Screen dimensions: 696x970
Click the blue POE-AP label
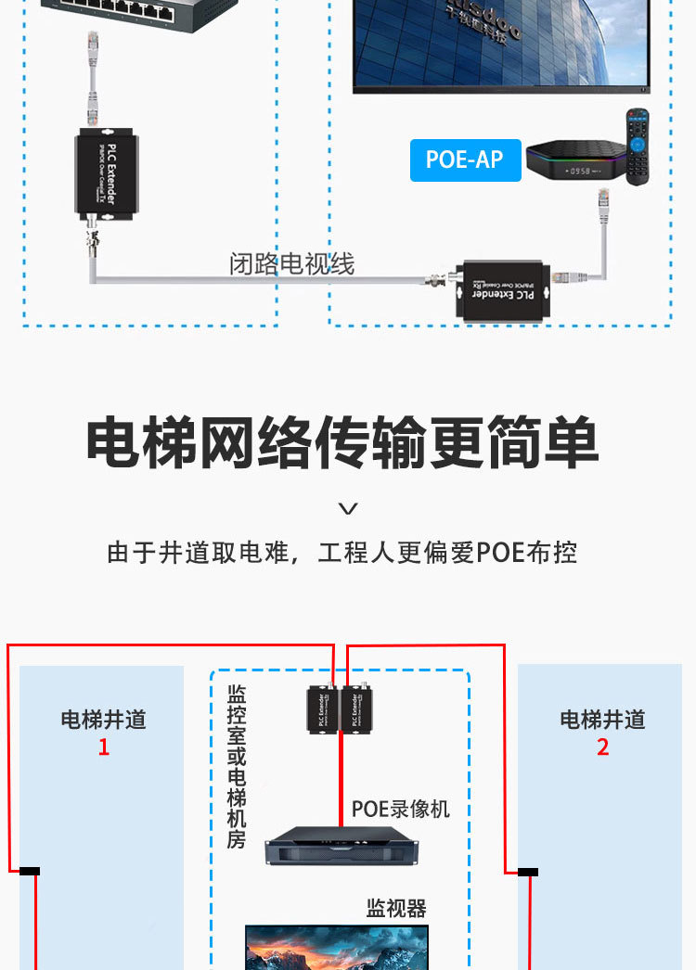[465, 160]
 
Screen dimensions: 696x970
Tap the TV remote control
[637, 147]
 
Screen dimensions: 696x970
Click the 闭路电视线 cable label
[291, 264]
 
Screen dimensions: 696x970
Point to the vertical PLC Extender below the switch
[107, 175]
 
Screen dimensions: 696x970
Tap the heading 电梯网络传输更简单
[342, 443]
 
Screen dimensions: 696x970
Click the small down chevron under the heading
[348, 508]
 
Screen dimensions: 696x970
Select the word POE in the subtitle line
[501, 553]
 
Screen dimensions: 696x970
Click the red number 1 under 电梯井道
[104, 747]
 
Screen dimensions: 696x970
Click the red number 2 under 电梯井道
[603, 747]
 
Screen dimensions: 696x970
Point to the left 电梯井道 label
[104, 720]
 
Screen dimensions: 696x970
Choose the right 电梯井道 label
[603, 720]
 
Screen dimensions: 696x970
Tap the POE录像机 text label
[400, 809]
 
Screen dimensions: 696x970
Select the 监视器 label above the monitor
[396, 908]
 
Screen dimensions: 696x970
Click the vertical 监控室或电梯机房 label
[237, 766]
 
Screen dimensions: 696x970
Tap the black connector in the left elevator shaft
[30, 871]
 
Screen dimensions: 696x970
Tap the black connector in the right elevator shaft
[528, 872]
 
